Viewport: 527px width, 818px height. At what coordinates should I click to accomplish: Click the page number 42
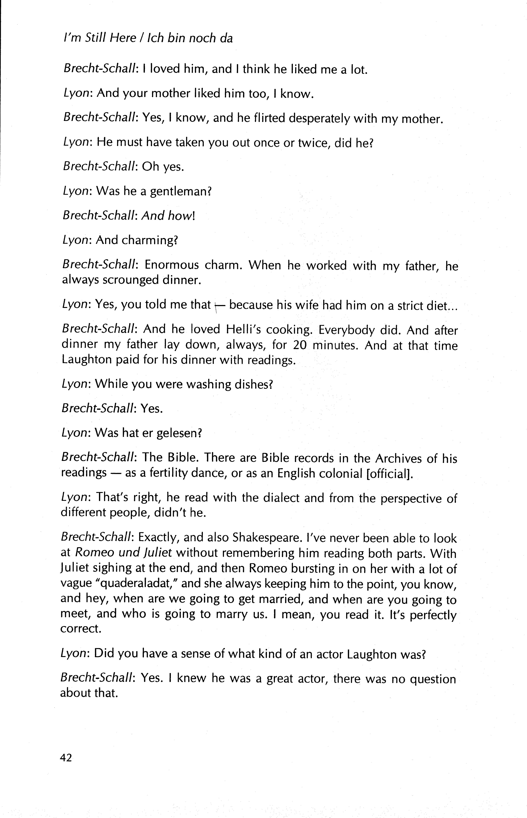pos(66,758)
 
